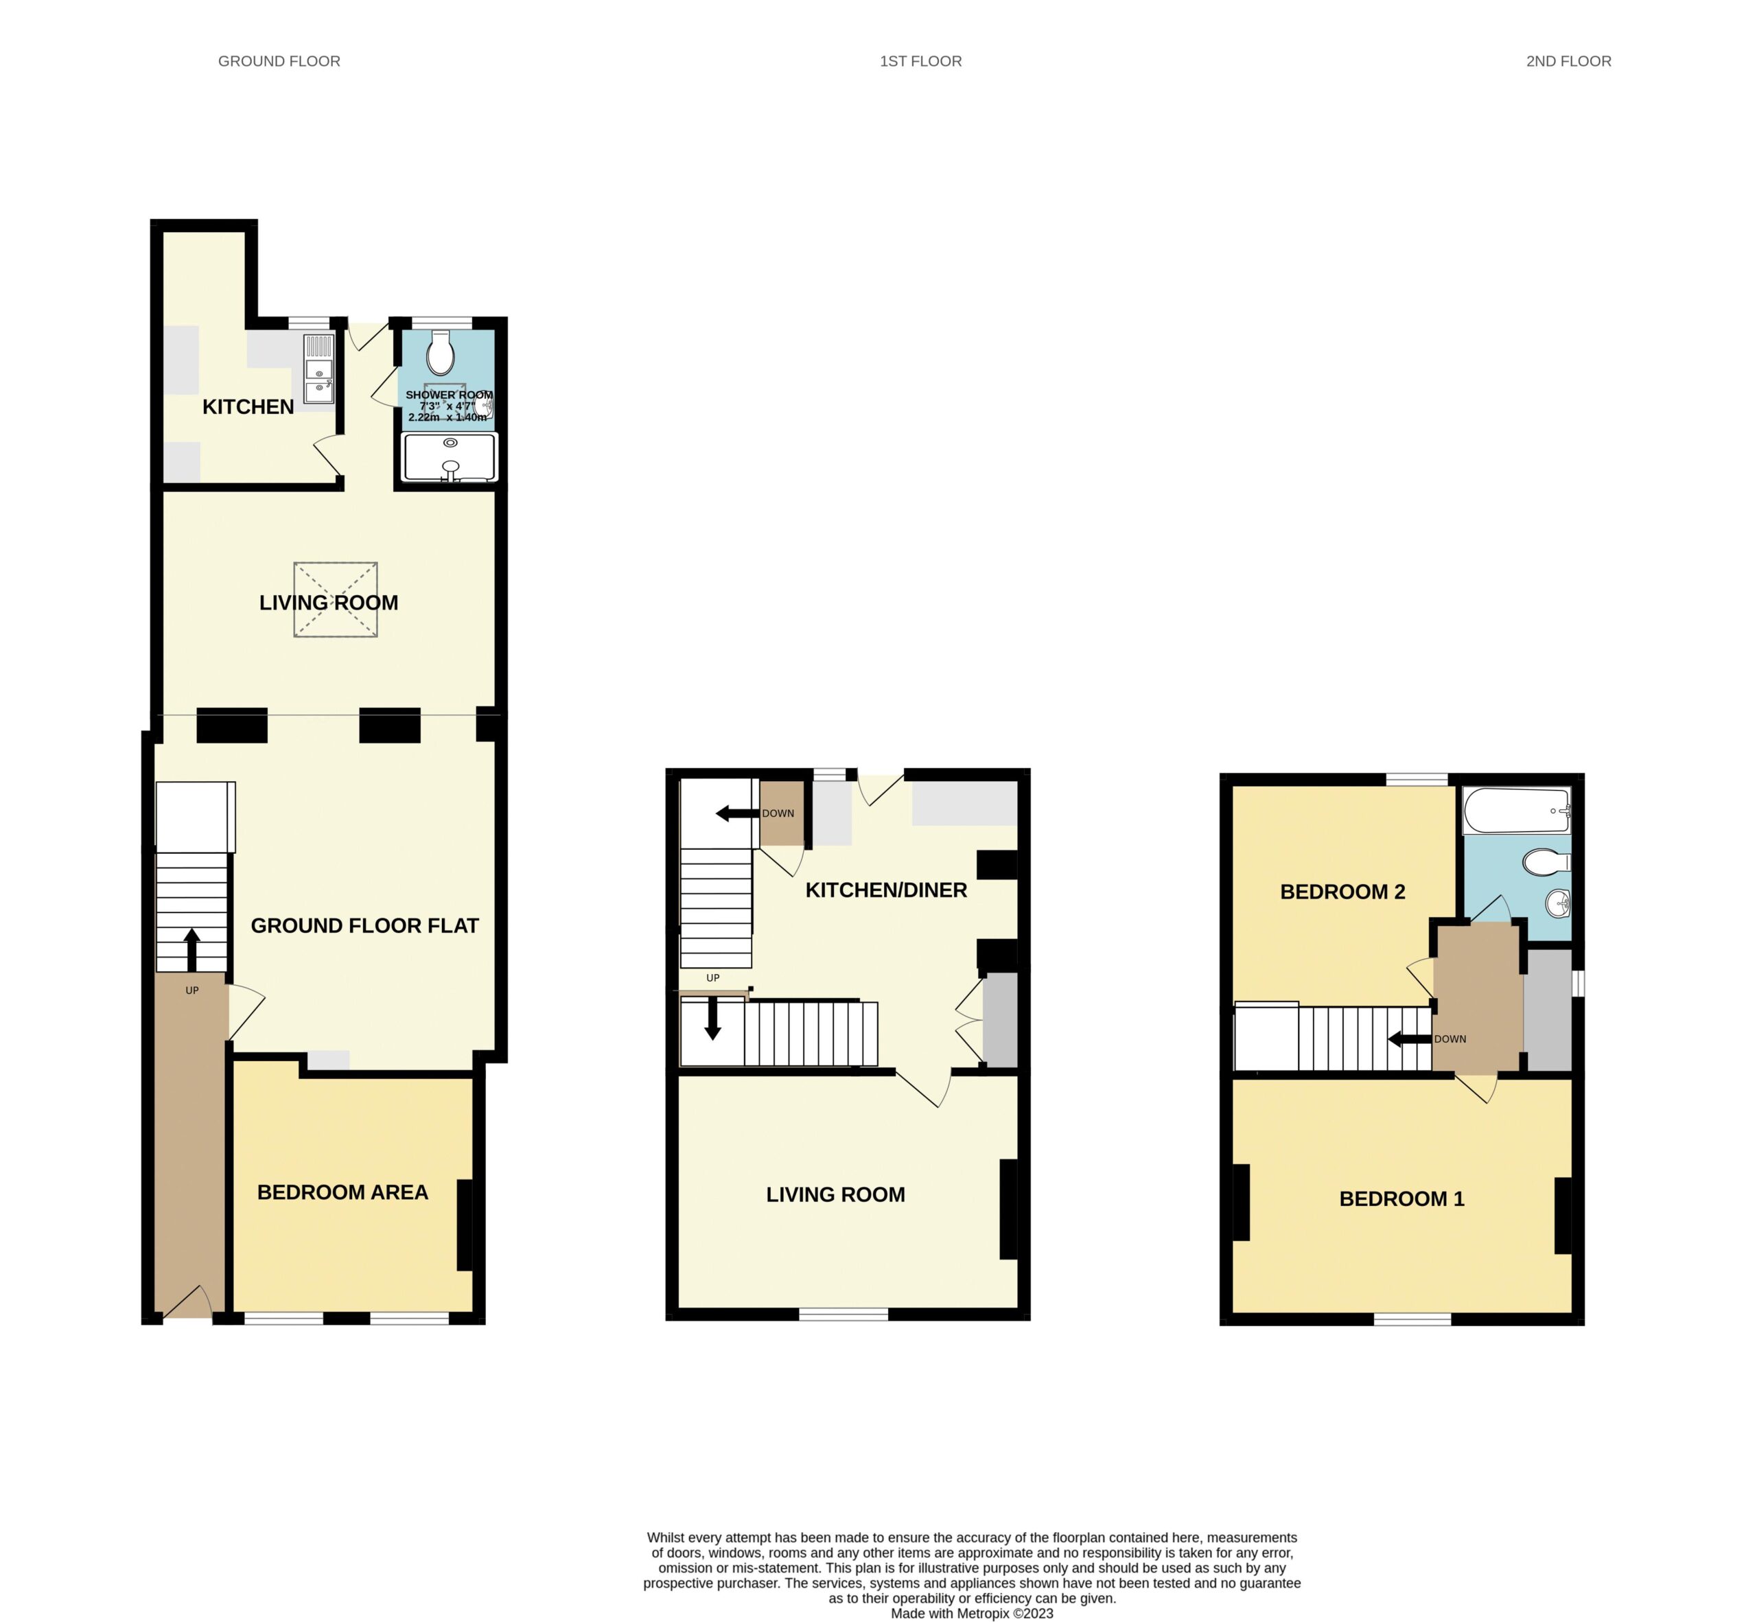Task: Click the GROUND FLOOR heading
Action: [x=279, y=62]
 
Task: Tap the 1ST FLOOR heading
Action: [x=920, y=62]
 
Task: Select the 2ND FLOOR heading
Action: [x=1568, y=62]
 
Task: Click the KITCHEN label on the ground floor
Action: [x=248, y=406]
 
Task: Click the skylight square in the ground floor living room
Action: [x=335, y=599]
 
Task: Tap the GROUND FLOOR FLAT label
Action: [x=365, y=925]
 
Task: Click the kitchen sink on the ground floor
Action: [x=319, y=369]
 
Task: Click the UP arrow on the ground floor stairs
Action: [x=191, y=950]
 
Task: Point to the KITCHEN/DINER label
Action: [x=887, y=890]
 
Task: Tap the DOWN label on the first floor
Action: [x=778, y=813]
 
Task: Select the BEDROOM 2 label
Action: [x=1342, y=892]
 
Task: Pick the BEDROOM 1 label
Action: [x=1401, y=1199]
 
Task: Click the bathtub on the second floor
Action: [x=1517, y=810]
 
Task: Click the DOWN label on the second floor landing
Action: [x=1450, y=1039]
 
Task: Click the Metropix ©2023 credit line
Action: [x=972, y=1613]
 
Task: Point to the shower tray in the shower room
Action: [x=450, y=456]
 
